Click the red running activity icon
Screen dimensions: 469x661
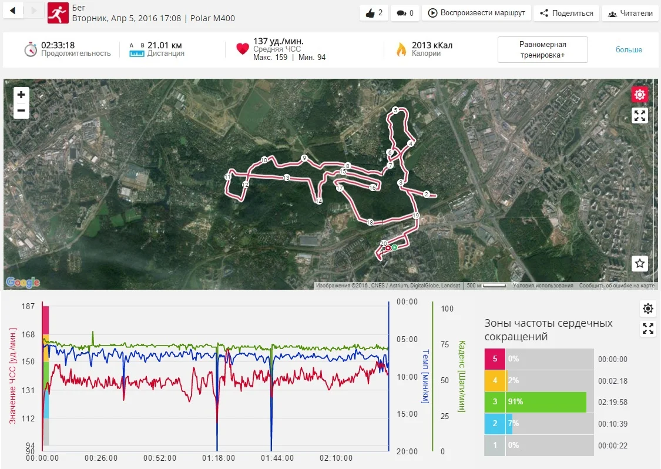(x=58, y=12)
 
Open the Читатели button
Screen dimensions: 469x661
(x=629, y=13)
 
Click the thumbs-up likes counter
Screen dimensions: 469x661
(x=374, y=13)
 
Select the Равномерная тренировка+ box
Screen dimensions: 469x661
(x=542, y=49)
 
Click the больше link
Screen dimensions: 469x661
(x=629, y=49)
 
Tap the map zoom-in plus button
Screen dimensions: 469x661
(x=21, y=95)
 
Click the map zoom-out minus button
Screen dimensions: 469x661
(x=21, y=110)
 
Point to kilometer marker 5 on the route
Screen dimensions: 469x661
(x=395, y=110)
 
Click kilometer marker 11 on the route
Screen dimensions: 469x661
(x=227, y=177)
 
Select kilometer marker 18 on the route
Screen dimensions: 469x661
(x=370, y=222)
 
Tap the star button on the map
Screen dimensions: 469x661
(x=640, y=263)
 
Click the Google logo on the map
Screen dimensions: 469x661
(x=23, y=283)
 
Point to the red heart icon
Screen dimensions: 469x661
(x=243, y=49)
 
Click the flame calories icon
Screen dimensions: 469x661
(x=401, y=49)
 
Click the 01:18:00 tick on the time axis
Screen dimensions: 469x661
(x=218, y=458)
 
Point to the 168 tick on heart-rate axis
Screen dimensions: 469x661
(x=29, y=336)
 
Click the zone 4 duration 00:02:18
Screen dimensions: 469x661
(x=612, y=381)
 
